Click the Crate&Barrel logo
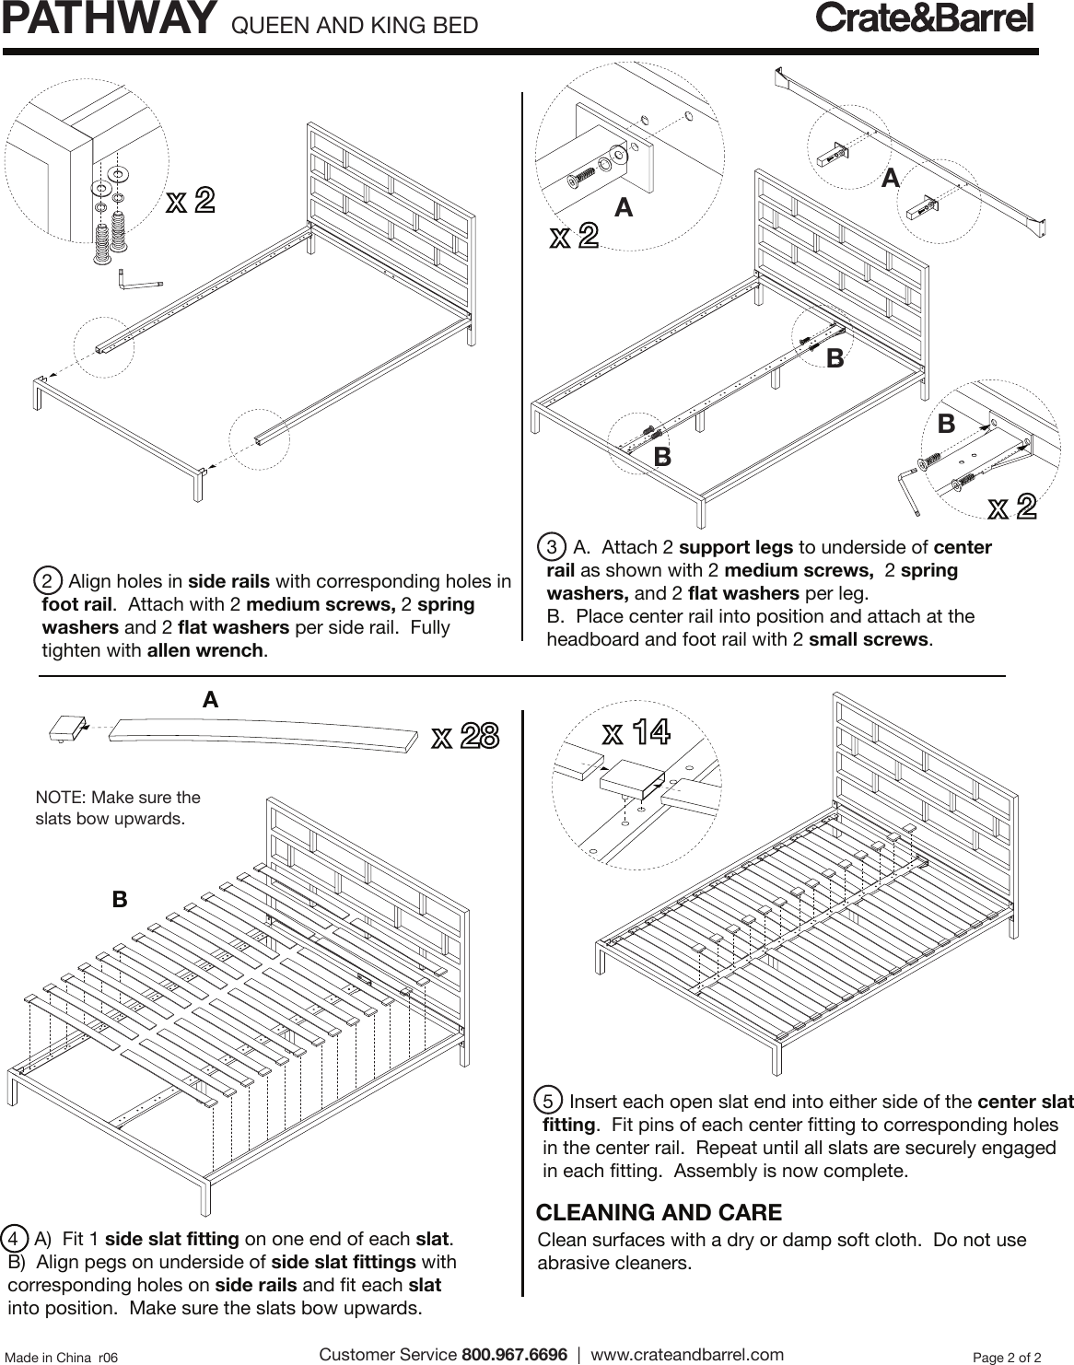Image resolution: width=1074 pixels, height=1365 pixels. coord(925,20)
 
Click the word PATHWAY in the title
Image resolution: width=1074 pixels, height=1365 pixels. coord(109,20)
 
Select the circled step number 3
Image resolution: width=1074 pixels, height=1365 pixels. coord(551,547)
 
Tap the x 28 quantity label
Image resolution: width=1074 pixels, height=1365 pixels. coord(465,737)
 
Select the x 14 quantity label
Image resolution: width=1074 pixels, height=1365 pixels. coord(636,733)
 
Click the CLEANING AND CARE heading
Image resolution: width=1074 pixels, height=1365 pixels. coord(659,1212)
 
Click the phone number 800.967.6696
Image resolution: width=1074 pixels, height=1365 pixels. coord(514,1355)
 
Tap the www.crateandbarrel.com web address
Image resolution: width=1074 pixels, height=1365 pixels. coord(686,1355)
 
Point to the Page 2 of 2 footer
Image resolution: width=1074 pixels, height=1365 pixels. coord(1007,1357)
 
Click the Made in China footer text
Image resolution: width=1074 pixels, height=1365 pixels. coord(62,1357)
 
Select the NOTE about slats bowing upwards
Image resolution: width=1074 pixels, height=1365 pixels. coord(117,808)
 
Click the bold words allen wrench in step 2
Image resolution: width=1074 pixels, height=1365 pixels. coord(205,651)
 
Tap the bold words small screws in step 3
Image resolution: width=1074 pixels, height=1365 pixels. coord(868,639)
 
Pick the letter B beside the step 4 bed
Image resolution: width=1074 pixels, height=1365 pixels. coord(119,899)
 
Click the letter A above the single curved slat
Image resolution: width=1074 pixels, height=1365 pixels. coord(210,700)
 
